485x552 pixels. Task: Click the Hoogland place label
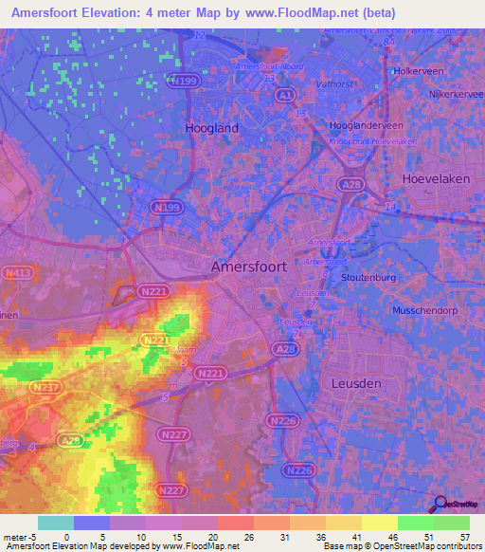pos(212,127)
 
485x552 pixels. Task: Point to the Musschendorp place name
pos(431,310)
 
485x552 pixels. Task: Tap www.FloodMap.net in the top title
pos(297,13)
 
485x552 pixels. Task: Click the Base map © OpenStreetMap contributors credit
pos(401,546)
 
